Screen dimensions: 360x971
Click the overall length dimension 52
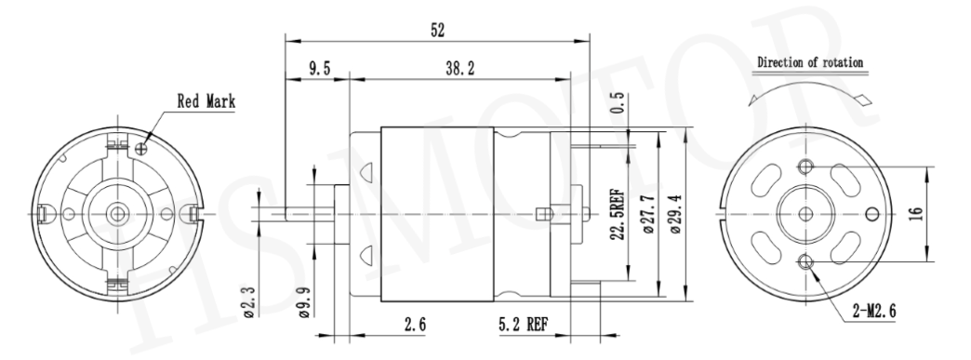[x=437, y=30]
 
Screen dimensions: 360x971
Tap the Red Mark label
[x=206, y=102]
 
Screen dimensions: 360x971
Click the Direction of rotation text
[x=808, y=62]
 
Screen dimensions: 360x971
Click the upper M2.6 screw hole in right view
[x=805, y=166]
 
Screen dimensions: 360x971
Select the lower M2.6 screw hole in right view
[x=805, y=260]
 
